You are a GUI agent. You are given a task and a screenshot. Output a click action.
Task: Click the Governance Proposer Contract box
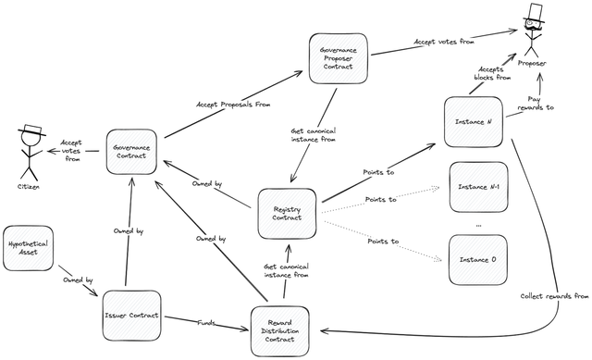click(x=338, y=58)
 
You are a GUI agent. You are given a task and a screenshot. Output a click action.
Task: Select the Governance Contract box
click(x=131, y=152)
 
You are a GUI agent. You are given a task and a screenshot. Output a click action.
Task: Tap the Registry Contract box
click(x=287, y=214)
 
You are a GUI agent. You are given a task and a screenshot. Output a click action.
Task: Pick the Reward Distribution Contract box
click(x=279, y=331)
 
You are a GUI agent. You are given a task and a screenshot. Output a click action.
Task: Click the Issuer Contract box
click(x=131, y=316)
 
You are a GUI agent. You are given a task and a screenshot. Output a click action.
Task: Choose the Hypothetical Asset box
click(x=29, y=248)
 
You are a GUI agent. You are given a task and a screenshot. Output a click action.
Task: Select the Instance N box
click(x=474, y=122)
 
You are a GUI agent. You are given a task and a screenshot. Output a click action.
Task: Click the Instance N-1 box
click(x=478, y=187)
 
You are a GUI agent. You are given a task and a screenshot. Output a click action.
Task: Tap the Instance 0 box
click(x=478, y=260)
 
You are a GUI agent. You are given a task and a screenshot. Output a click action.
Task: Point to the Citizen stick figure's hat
click(x=31, y=130)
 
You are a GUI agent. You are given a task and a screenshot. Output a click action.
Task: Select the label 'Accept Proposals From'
click(x=233, y=105)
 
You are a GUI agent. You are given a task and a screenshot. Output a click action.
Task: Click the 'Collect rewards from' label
click(x=555, y=296)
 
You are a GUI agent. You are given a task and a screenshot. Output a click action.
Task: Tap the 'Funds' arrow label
click(x=206, y=323)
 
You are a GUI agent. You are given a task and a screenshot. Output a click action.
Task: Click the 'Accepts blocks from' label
click(x=492, y=74)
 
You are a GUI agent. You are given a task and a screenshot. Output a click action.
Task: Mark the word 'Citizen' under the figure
click(x=29, y=187)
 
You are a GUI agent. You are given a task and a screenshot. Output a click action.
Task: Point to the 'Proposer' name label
click(x=532, y=63)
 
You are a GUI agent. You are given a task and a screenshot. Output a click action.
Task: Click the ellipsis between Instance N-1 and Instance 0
click(x=479, y=226)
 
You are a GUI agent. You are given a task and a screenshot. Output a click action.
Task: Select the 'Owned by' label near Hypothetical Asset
click(x=78, y=280)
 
